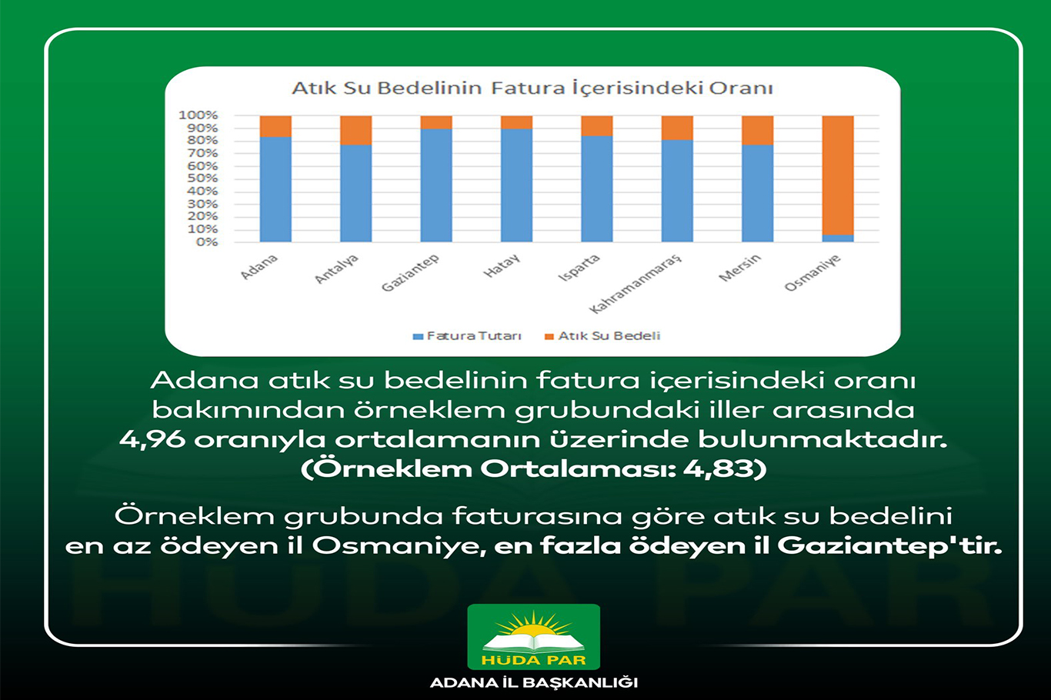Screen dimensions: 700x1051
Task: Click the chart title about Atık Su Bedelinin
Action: (x=532, y=88)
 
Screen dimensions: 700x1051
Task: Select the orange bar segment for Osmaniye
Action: (x=837, y=175)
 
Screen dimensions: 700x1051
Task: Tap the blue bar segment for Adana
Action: (x=275, y=189)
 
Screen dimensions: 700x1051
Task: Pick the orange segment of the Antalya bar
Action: (x=355, y=130)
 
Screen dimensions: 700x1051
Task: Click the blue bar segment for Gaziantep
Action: (x=436, y=185)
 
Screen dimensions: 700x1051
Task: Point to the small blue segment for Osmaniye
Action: (x=837, y=238)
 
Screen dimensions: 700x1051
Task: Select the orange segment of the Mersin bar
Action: (x=757, y=130)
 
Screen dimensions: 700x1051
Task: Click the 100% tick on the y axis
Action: (x=199, y=115)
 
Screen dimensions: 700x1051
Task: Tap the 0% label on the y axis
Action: (x=206, y=242)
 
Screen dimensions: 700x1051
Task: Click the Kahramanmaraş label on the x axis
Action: (x=636, y=284)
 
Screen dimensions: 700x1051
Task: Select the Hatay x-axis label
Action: (x=502, y=266)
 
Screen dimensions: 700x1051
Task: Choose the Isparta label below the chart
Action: (x=579, y=268)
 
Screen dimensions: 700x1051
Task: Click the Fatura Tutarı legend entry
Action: (x=468, y=336)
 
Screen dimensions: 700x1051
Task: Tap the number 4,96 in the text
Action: (x=152, y=439)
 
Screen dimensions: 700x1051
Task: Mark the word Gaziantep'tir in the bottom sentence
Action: (x=889, y=545)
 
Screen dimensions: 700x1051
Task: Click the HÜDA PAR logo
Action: (x=533, y=636)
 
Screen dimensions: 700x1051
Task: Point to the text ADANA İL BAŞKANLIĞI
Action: (x=533, y=682)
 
